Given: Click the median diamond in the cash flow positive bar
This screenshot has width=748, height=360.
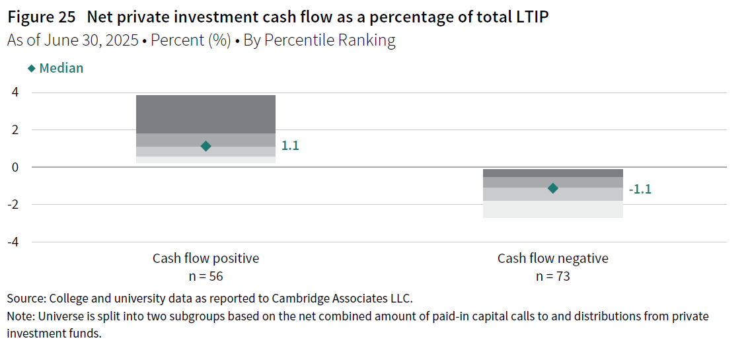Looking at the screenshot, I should click(206, 146).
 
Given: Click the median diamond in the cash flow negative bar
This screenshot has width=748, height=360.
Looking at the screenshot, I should click(553, 188).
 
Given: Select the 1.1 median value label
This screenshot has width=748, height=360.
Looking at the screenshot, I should click(290, 146).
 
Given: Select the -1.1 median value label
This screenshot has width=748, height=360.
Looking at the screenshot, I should click(640, 189).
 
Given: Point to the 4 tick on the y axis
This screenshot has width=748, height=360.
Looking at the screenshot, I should click(15, 92).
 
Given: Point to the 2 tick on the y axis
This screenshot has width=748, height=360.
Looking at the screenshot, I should click(15, 130).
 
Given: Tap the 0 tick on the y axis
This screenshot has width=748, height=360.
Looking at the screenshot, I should click(15, 167).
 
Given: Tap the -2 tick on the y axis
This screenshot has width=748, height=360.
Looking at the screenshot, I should click(13, 205).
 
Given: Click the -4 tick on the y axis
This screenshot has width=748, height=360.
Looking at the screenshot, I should click(13, 242).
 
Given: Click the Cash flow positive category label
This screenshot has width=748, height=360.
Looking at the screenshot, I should click(206, 258).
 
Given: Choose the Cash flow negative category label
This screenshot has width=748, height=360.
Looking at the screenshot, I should click(552, 258).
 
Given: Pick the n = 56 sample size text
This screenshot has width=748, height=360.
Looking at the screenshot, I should click(206, 276).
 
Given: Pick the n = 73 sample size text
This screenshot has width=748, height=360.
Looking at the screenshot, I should click(552, 276).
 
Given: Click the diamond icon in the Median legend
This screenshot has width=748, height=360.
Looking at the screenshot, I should click(31, 69).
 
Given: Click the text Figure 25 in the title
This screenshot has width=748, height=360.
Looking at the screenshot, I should click(41, 17).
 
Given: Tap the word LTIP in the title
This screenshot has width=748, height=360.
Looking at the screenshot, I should click(530, 17).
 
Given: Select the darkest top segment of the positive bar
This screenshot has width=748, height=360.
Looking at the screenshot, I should click(206, 114).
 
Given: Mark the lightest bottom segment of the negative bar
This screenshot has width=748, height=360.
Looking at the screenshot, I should click(552, 209).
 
